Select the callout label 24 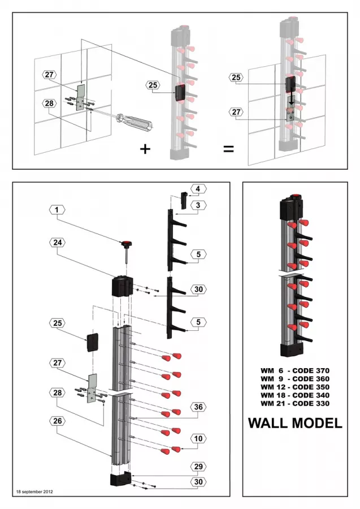click(x=57, y=242)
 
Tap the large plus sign click(x=145, y=149)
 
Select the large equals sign click(x=228, y=149)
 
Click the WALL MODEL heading click(x=295, y=423)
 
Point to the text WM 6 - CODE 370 click(x=295, y=370)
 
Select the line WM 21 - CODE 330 click(x=295, y=403)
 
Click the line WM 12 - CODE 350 click(x=295, y=386)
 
